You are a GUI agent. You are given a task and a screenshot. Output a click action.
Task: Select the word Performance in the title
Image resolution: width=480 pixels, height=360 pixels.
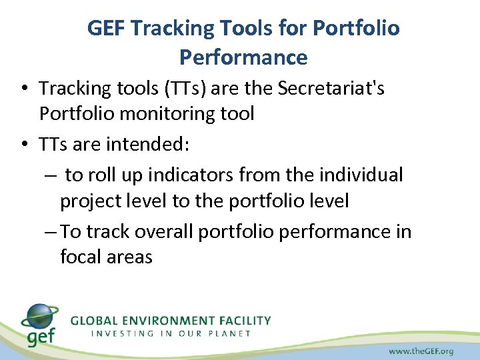pos(243,57)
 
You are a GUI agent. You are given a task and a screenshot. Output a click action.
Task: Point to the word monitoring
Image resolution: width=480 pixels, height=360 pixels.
pos(165,114)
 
